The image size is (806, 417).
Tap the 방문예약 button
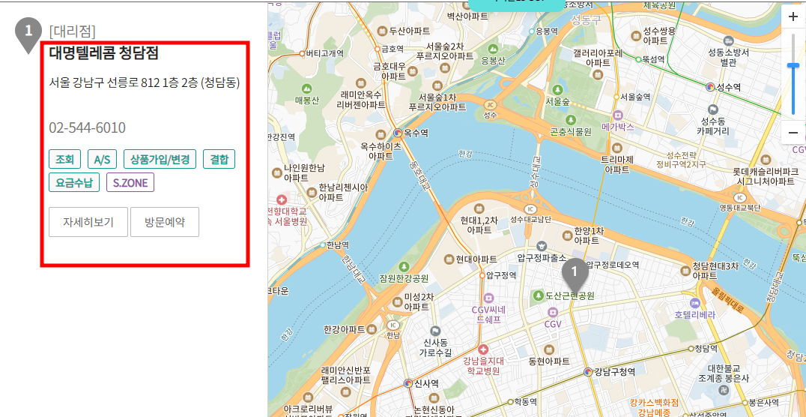point(165,222)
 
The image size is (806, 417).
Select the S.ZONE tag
point(130,182)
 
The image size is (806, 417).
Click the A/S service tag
point(102,159)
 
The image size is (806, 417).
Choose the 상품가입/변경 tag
point(160,159)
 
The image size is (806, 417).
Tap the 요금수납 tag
point(74,182)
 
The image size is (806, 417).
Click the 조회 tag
point(64,159)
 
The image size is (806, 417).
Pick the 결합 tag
point(219,159)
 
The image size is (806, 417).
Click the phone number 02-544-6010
point(87,128)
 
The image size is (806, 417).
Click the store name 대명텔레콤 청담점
point(103,53)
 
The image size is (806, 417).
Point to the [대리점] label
point(72,31)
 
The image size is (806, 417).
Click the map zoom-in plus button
point(793,17)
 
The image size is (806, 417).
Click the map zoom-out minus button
point(793,133)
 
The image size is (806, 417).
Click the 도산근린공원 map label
point(569,295)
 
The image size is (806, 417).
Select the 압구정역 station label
point(501,276)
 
